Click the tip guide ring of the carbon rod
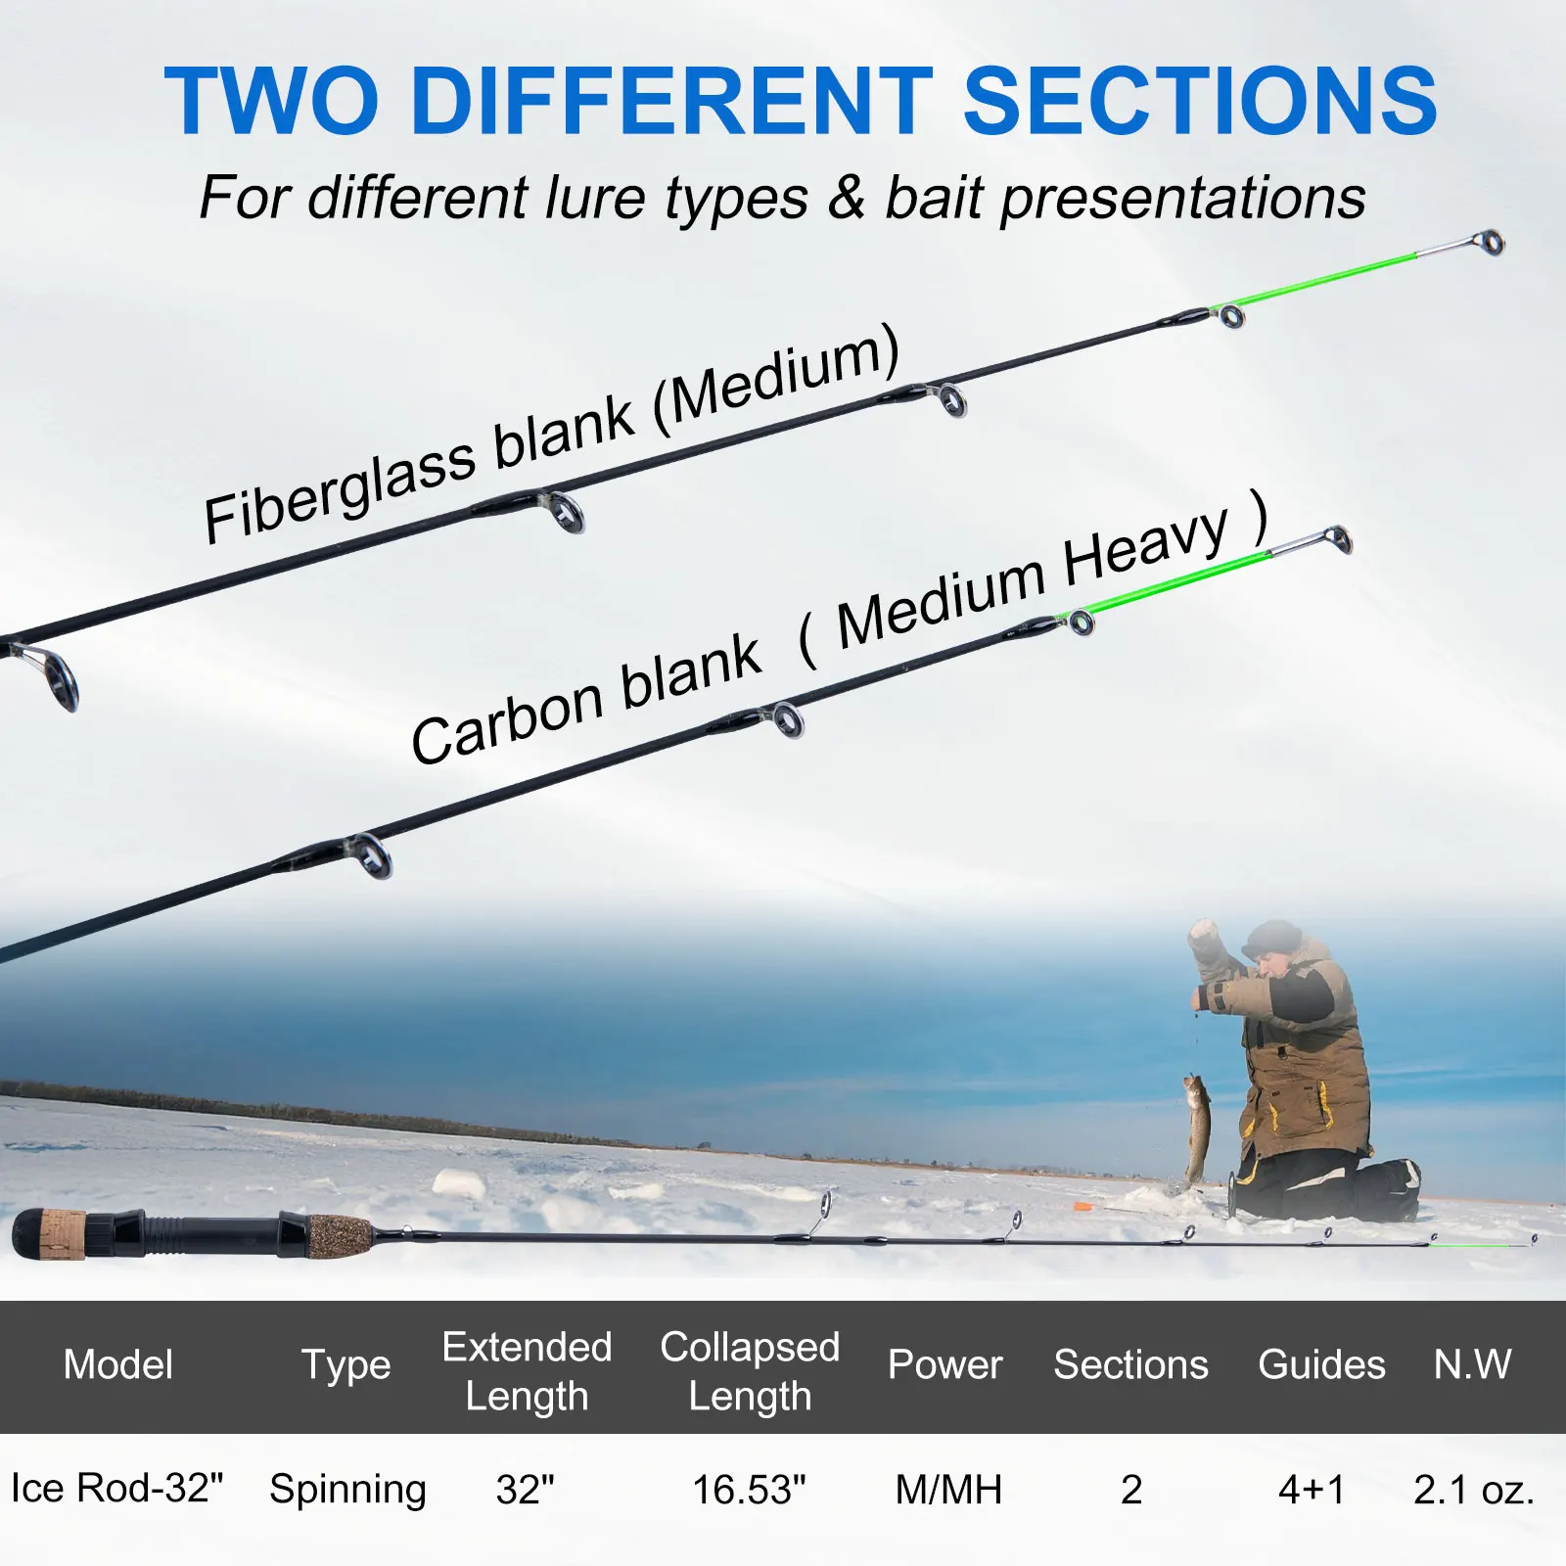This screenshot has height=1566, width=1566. pyautogui.click(x=1339, y=538)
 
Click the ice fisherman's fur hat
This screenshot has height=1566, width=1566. pyautogui.click(x=1272, y=938)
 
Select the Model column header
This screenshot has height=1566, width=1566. pyautogui.click(x=118, y=1364)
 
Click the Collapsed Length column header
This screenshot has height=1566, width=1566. pyautogui.click(x=750, y=1371)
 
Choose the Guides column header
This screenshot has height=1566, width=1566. pyautogui.click(x=1321, y=1364)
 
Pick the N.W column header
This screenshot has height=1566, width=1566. pyautogui.click(x=1472, y=1364)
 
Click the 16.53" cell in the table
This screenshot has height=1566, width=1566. pyautogui.click(x=749, y=1490)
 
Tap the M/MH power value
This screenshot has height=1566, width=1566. pyautogui.click(x=948, y=1490)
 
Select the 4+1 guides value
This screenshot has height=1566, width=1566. pyautogui.click(x=1312, y=1490)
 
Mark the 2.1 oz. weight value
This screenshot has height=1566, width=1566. pyautogui.click(x=1474, y=1490)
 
